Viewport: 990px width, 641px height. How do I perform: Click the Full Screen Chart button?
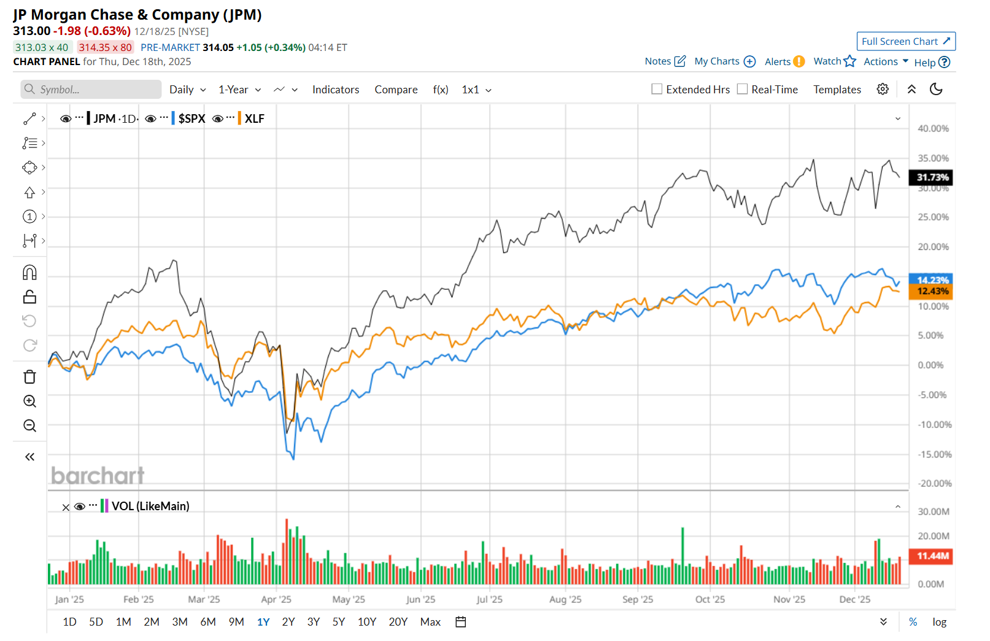(x=905, y=41)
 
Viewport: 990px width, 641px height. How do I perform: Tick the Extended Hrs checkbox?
(x=657, y=89)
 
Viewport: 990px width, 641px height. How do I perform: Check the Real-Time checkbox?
(x=742, y=89)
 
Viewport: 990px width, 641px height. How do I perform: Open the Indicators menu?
(x=335, y=90)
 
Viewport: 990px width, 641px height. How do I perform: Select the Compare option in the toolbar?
(x=396, y=90)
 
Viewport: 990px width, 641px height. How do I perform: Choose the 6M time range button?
(x=208, y=622)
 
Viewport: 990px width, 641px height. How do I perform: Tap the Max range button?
(x=430, y=622)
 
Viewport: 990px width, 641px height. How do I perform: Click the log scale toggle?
(x=939, y=622)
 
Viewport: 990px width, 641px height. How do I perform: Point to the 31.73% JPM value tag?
(x=932, y=177)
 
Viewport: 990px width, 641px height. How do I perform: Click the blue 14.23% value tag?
(x=932, y=279)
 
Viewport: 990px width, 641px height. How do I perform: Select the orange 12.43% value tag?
(x=932, y=291)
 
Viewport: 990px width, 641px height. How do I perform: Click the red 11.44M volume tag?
(x=932, y=556)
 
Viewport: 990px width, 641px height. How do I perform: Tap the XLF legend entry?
(x=254, y=118)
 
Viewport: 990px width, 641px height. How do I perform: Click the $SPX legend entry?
(x=191, y=118)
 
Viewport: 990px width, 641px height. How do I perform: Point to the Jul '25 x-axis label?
(x=489, y=599)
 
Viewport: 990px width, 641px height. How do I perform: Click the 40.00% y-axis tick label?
(x=933, y=128)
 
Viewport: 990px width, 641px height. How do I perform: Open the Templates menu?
(x=837, y=90)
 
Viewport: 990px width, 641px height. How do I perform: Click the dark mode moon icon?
(x=936, y=89)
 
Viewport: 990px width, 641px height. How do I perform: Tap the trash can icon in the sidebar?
(x=29, y=377)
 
